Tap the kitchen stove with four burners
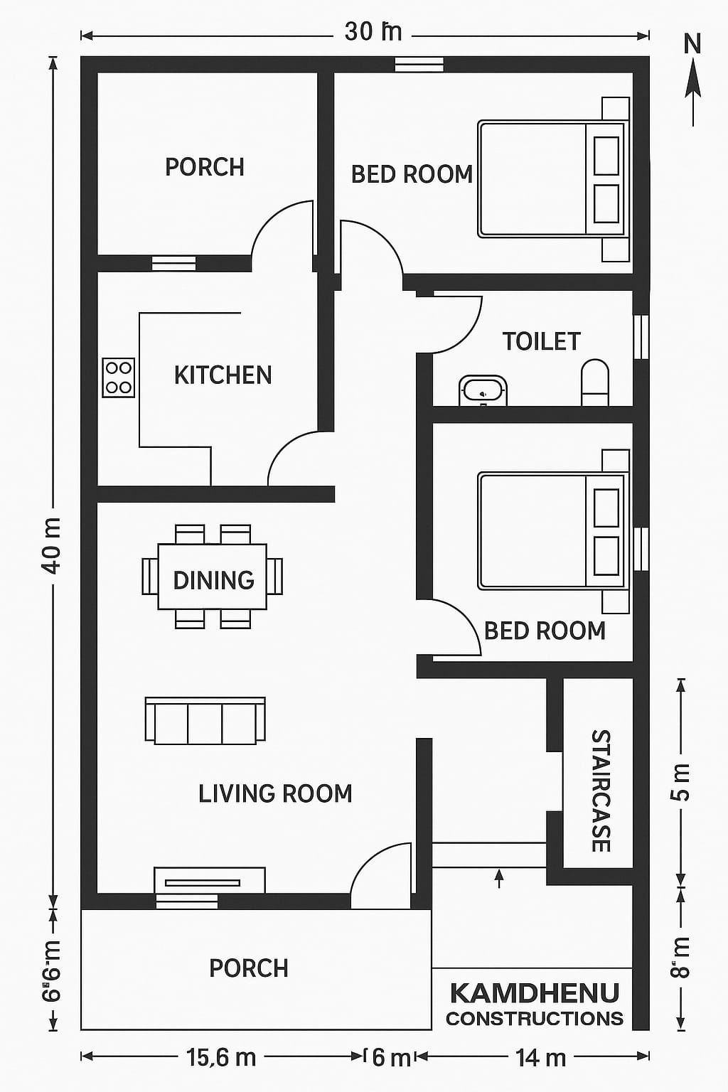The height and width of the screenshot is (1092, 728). pyautogui.click(x=118, y=378)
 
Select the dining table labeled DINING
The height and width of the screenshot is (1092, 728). pyautogui.click(x=213, y=577)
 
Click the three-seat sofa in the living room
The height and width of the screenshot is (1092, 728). pyautogui.click(x=205, y=721)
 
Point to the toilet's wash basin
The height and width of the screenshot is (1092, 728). pyautogui.click(x=483, y=390)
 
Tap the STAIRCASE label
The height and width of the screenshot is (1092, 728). pyautogui.click(x=601, y=790)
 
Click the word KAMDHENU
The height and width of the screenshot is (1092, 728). pyautogui.click(x=534, y=992)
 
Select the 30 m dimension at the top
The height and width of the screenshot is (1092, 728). pyautogui.click(x=373, y=32)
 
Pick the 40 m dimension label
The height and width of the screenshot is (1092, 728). pyautogui.click(x=52, y=545)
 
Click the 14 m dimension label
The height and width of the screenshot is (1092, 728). pyautogui.click(x=540, y=1058)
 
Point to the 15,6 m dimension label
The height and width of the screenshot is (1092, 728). pyautogui.click(x=221, y=1058)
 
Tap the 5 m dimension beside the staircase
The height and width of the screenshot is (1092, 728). pyautogui.click(x=680, y=782)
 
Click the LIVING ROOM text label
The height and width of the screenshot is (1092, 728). pyautogui.click(x=275, y=793)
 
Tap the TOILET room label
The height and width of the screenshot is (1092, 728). pyautogui.click(x=542, y=341)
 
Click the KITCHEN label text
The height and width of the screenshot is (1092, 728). pyautogui.click(x=223, y=375)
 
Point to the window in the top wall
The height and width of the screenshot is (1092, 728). pyautogui.click(x=419, y=65)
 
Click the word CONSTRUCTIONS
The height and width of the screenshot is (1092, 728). pyautogui.click(x=534, y=1018)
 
